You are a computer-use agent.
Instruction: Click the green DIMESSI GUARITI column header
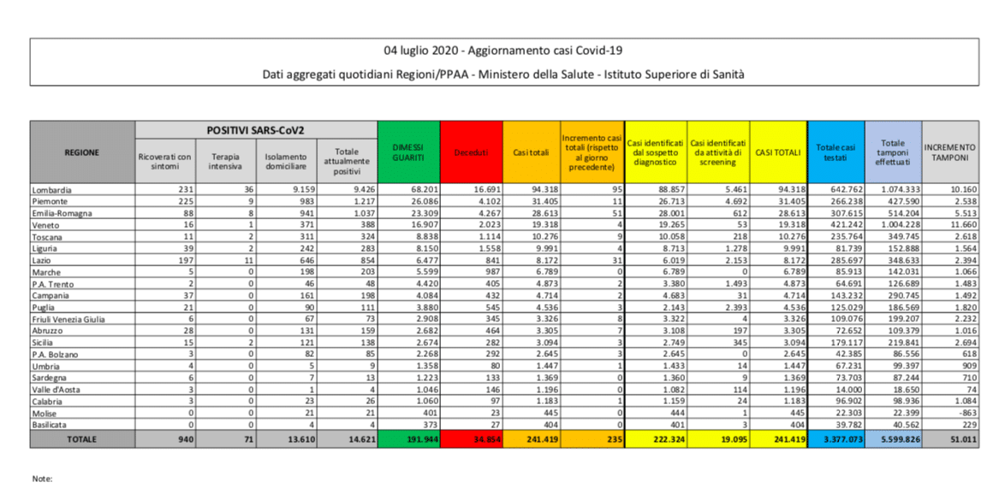pyautogui.click(x=407, y=152)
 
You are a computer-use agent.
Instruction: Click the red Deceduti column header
pyautogui.click(x=471, y=152)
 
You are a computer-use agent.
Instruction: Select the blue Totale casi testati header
pyautogui.click(x=836, y=152)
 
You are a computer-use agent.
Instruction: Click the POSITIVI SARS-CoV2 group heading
pyautogui.click(x=255, y=129)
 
